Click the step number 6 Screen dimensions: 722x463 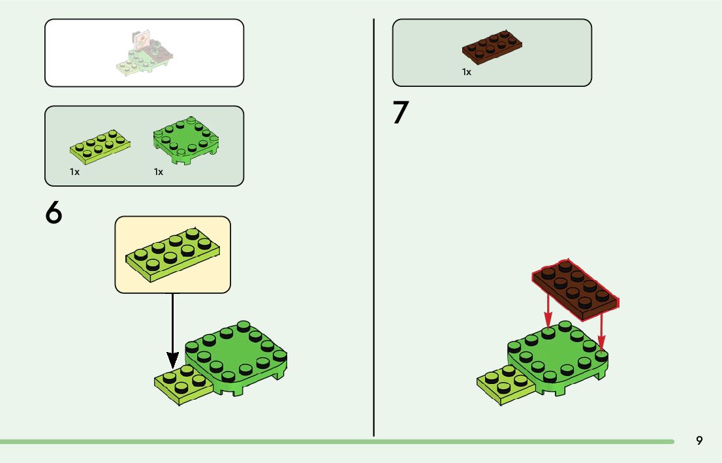(x=54, y=214)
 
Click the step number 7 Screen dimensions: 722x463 (x=400, y=113)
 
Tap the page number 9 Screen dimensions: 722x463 (x=699, y=440)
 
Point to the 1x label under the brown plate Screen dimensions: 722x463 (x=467, y=72)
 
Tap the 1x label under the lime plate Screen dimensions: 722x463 (x=74, y=172)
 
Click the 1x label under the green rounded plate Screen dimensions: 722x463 (x=158, y=172)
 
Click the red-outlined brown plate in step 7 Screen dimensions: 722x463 (x=574, y=289)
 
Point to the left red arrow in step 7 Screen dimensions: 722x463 (x=548, y=313)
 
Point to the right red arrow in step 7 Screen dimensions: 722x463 (x=602, y=333)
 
